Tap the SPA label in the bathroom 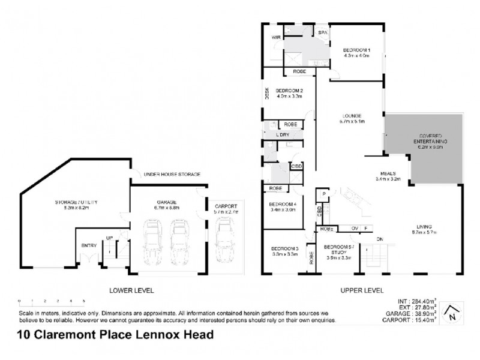pos(322,32)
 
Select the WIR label pos(276,37)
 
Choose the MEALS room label pos(387,175)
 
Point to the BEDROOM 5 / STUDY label pos(337,251)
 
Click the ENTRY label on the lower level pos(89,245)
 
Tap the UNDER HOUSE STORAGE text pos(171,174)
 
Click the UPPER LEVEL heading pos(362,290)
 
